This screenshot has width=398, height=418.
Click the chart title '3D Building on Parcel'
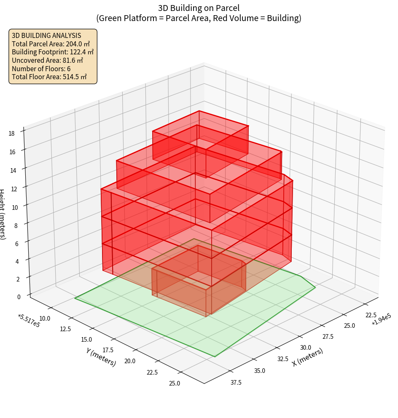199,8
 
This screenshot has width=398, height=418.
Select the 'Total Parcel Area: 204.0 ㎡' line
51,43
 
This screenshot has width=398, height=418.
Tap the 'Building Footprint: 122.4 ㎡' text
53,52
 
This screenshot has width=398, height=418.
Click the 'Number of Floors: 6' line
41,69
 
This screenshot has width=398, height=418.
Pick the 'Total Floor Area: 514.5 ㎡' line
49,77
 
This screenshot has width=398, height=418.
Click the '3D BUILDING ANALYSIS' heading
46,35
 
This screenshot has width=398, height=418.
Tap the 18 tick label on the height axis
11,134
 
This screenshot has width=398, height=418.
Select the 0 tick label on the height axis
19,297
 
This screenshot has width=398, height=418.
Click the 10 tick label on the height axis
15,207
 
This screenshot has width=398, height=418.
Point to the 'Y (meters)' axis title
101,356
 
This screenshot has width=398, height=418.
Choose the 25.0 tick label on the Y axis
174,383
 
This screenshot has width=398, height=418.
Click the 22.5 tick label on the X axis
371,315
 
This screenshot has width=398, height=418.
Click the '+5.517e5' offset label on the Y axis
29,321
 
